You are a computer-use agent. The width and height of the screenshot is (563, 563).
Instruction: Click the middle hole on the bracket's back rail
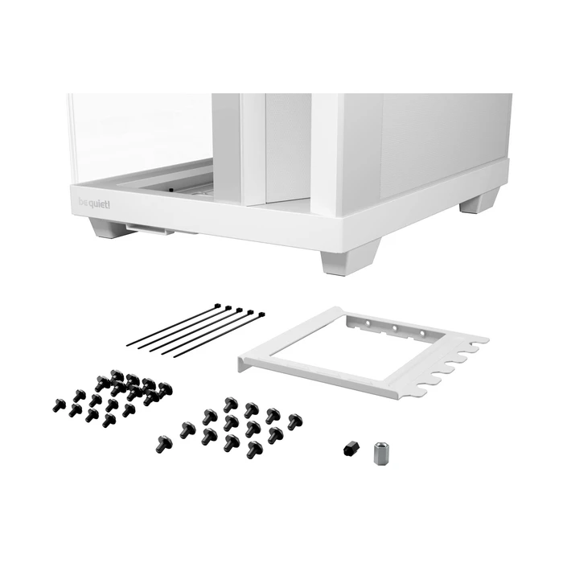click(394, 330)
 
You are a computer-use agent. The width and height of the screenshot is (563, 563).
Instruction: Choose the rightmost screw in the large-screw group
click(294, 421)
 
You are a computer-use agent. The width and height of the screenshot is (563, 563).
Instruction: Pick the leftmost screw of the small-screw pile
click(59, 405)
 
